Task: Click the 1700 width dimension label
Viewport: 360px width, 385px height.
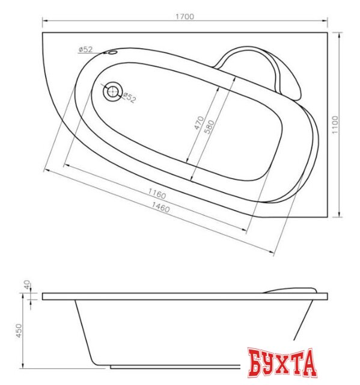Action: pos(185,16)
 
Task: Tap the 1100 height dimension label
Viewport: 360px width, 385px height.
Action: pos(335,125)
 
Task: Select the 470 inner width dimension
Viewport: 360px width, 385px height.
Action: pos(199,123)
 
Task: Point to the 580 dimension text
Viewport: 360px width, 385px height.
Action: pos(209,127)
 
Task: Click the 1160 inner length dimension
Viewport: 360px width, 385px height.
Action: pos(157,194)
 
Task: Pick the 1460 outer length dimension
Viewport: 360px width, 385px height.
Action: pos(160,207)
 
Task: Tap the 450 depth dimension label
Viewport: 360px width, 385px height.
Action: pos(19,330)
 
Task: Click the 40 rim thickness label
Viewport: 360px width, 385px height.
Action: pos(27,285)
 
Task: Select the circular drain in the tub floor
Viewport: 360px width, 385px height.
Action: pos(112,91)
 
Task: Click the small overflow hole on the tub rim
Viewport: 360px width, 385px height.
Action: pos(112,52)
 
